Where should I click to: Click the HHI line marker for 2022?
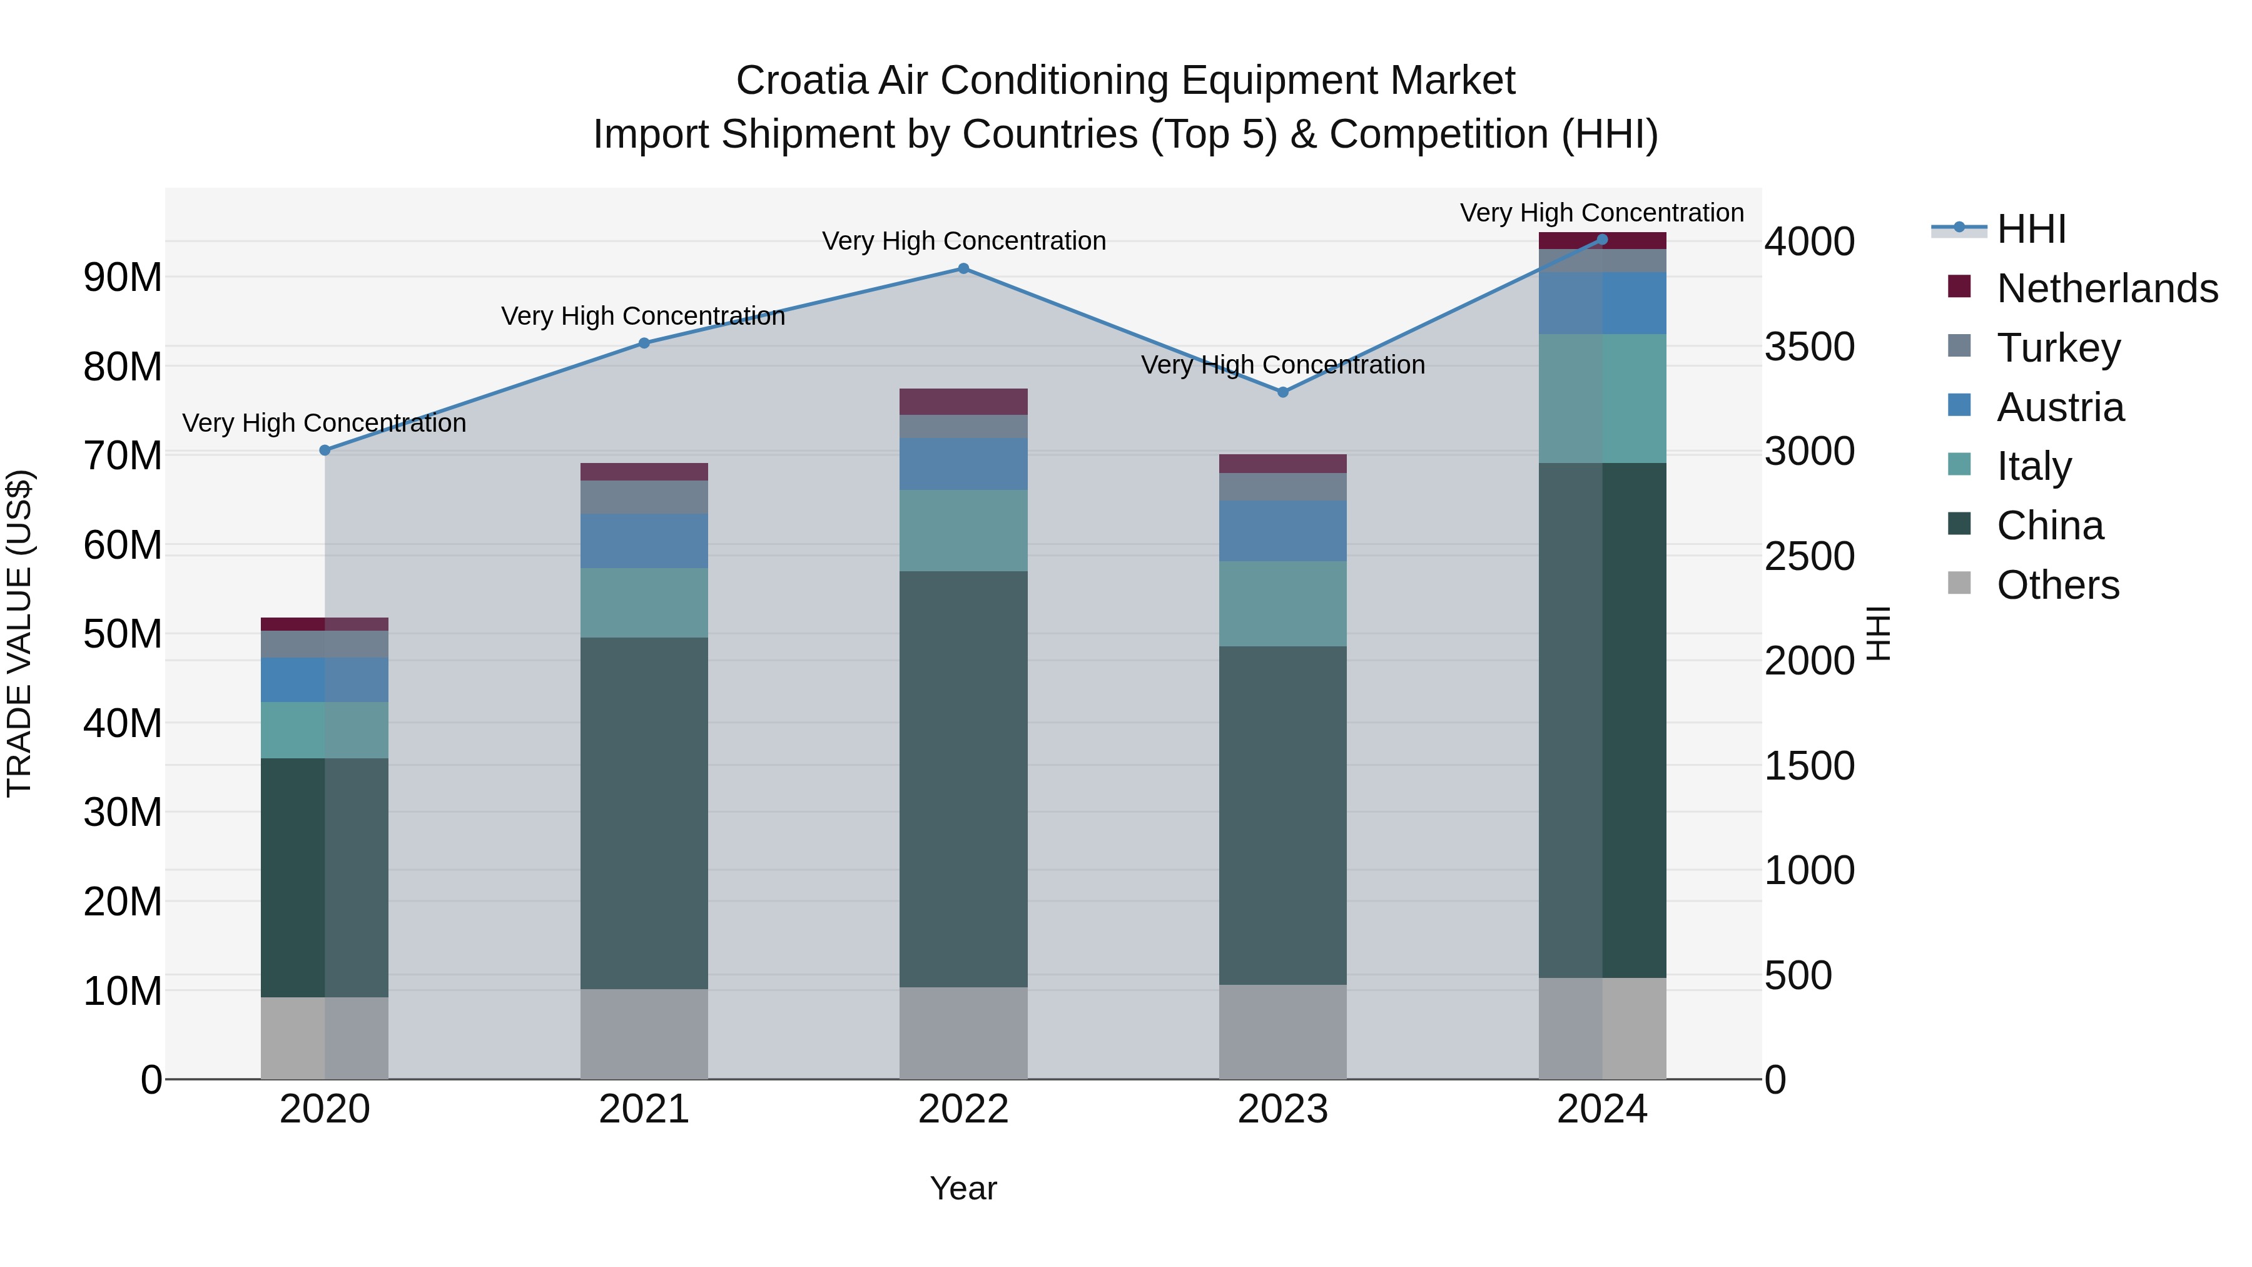(963, 268)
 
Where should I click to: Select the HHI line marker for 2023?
(1282, 392)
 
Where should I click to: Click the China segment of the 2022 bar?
(963, 778)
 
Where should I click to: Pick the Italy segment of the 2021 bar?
(644, 603)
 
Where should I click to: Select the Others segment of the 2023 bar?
(1282, 1032)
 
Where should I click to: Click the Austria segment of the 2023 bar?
(1282, 531)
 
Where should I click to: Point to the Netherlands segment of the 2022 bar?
(963, 401)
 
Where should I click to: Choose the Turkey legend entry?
(2058, 347)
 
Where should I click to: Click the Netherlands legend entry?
(2107, 288)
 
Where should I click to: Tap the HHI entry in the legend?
(2031, 229)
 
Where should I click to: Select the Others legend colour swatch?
(1959, 583)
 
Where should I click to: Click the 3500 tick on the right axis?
(1808, 346)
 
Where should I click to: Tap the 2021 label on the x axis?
(644, 1109)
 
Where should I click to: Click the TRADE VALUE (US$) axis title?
(19, 633)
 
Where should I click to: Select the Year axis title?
(963, 1188)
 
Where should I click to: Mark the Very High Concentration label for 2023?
(1282, 365)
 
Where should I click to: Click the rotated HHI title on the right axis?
(1878, 633)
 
